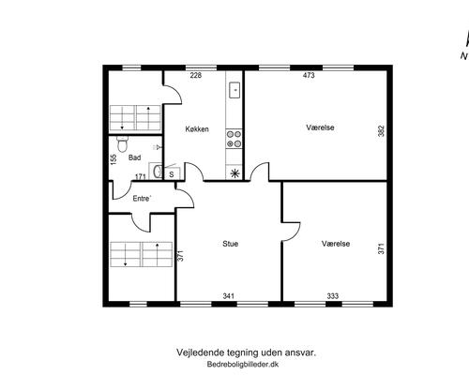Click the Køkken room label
click(x=197, y=129)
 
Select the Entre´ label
click(x=143, y=198)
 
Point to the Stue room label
click(x=230, y=244)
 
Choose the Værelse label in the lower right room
click(x=335, y=243)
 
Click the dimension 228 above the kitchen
click(x=196, y=76)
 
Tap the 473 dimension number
click(x=309, y=76)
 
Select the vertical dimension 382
click(x=381, y=132)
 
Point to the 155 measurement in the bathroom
click(x=113, y=160)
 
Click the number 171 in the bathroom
click(x=140, y=175)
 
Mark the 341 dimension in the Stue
click(x=228, y=295)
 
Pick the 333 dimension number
click(x=333, y=295)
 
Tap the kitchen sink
click(x=234, y=92)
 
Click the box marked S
click(x=171, y=172)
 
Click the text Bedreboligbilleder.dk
click(x=246, y=363)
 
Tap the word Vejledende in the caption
click(x=200, y=352)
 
